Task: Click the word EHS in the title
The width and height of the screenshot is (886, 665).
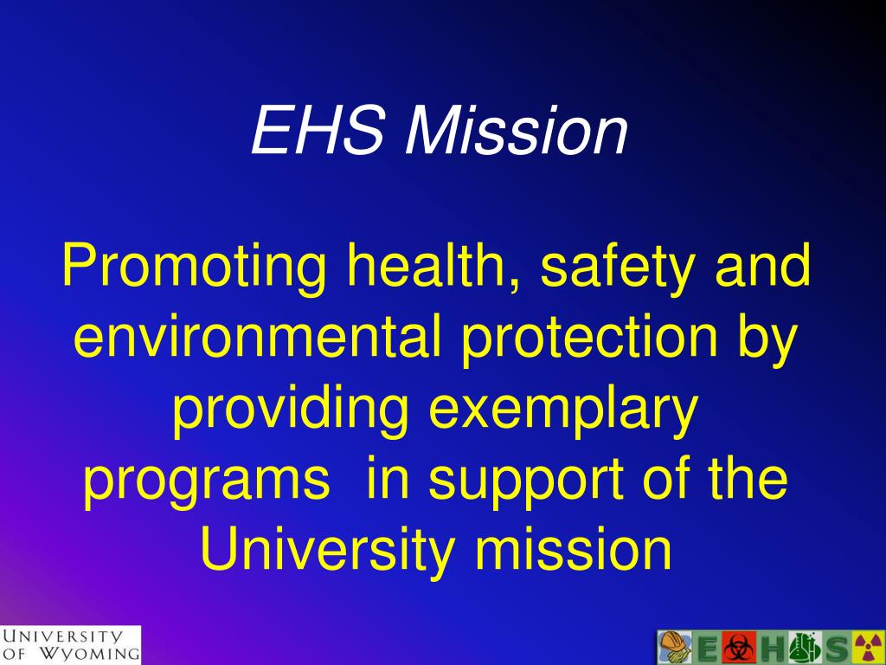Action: point(318,132)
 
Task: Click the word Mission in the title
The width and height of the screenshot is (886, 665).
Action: point(517,132)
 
